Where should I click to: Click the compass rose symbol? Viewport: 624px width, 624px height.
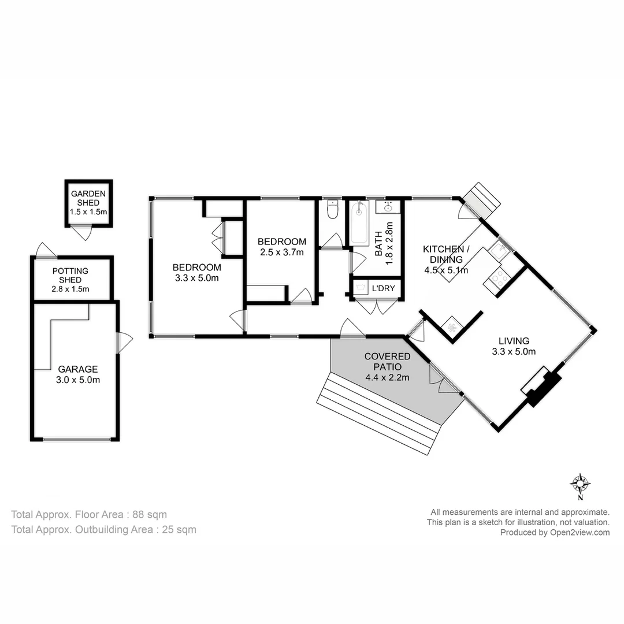[x=580, y=483]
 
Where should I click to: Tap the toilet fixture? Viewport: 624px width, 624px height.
[x=332, y=210]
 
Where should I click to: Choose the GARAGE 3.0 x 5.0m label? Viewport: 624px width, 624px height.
[x=78, y=374]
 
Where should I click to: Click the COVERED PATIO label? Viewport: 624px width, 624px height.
[x=387, y=367]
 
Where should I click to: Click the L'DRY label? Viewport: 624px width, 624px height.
[x=383, y=288]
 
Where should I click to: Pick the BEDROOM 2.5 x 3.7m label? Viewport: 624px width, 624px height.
[x=281, y=247]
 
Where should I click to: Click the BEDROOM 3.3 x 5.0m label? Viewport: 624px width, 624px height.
[x=196, y=272]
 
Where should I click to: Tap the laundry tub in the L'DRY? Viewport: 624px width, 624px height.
[x=359, y=288]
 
